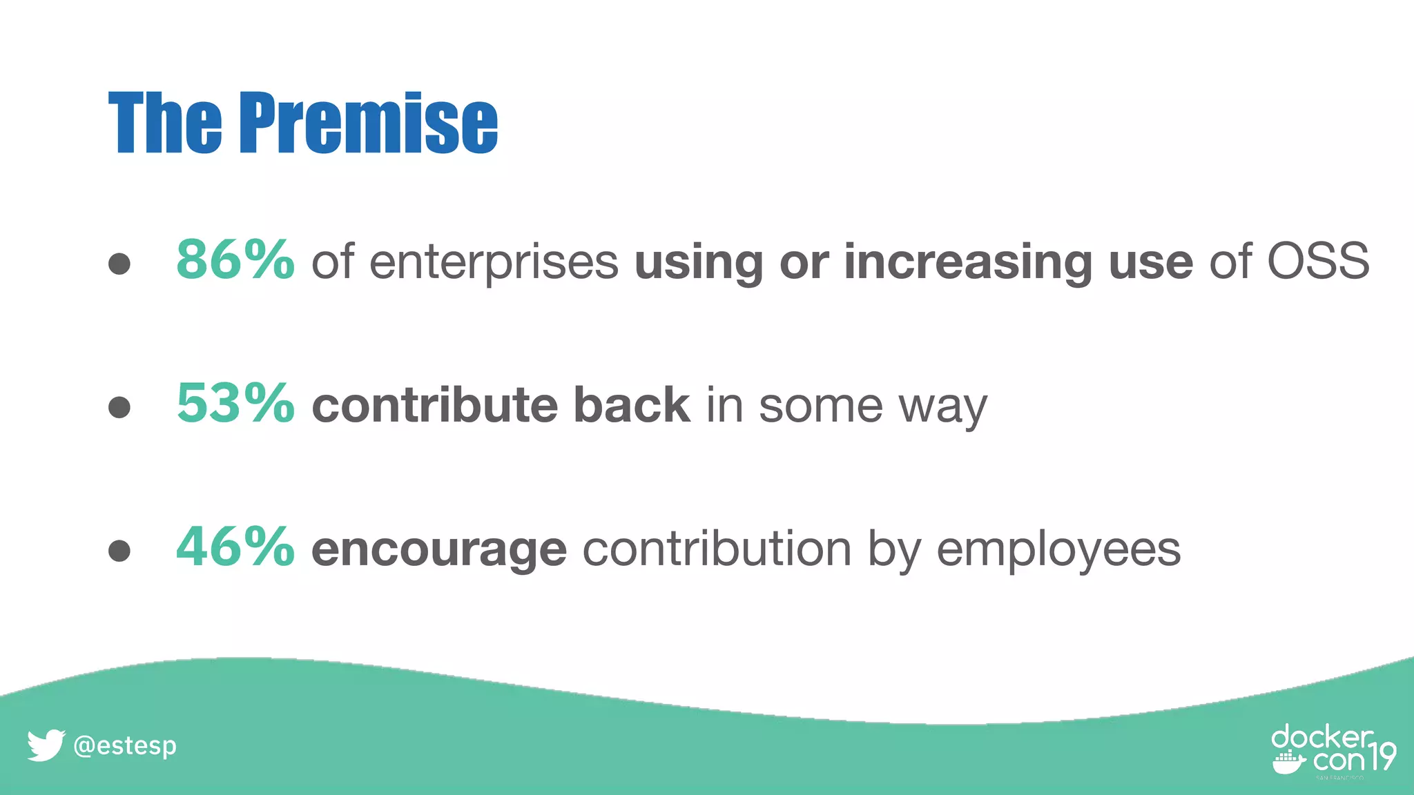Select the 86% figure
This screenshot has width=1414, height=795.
pyautogui.click(x=235, y=260)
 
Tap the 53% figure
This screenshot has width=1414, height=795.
pyautogui.click(x=235, y=404)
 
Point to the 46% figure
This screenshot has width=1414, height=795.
pyautogui.click(x=235, y=547)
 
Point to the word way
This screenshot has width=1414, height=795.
pyautogui.click(x=943, y=409)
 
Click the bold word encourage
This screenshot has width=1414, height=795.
pyautogui.click(x=439, y=551)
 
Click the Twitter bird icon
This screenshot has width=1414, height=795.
pyautogui.click(x=46, y=745)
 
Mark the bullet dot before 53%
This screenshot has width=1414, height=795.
pyautogui.click(x=119, y=406)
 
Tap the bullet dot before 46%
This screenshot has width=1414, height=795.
pyautogui.click(x=119, y=550)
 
